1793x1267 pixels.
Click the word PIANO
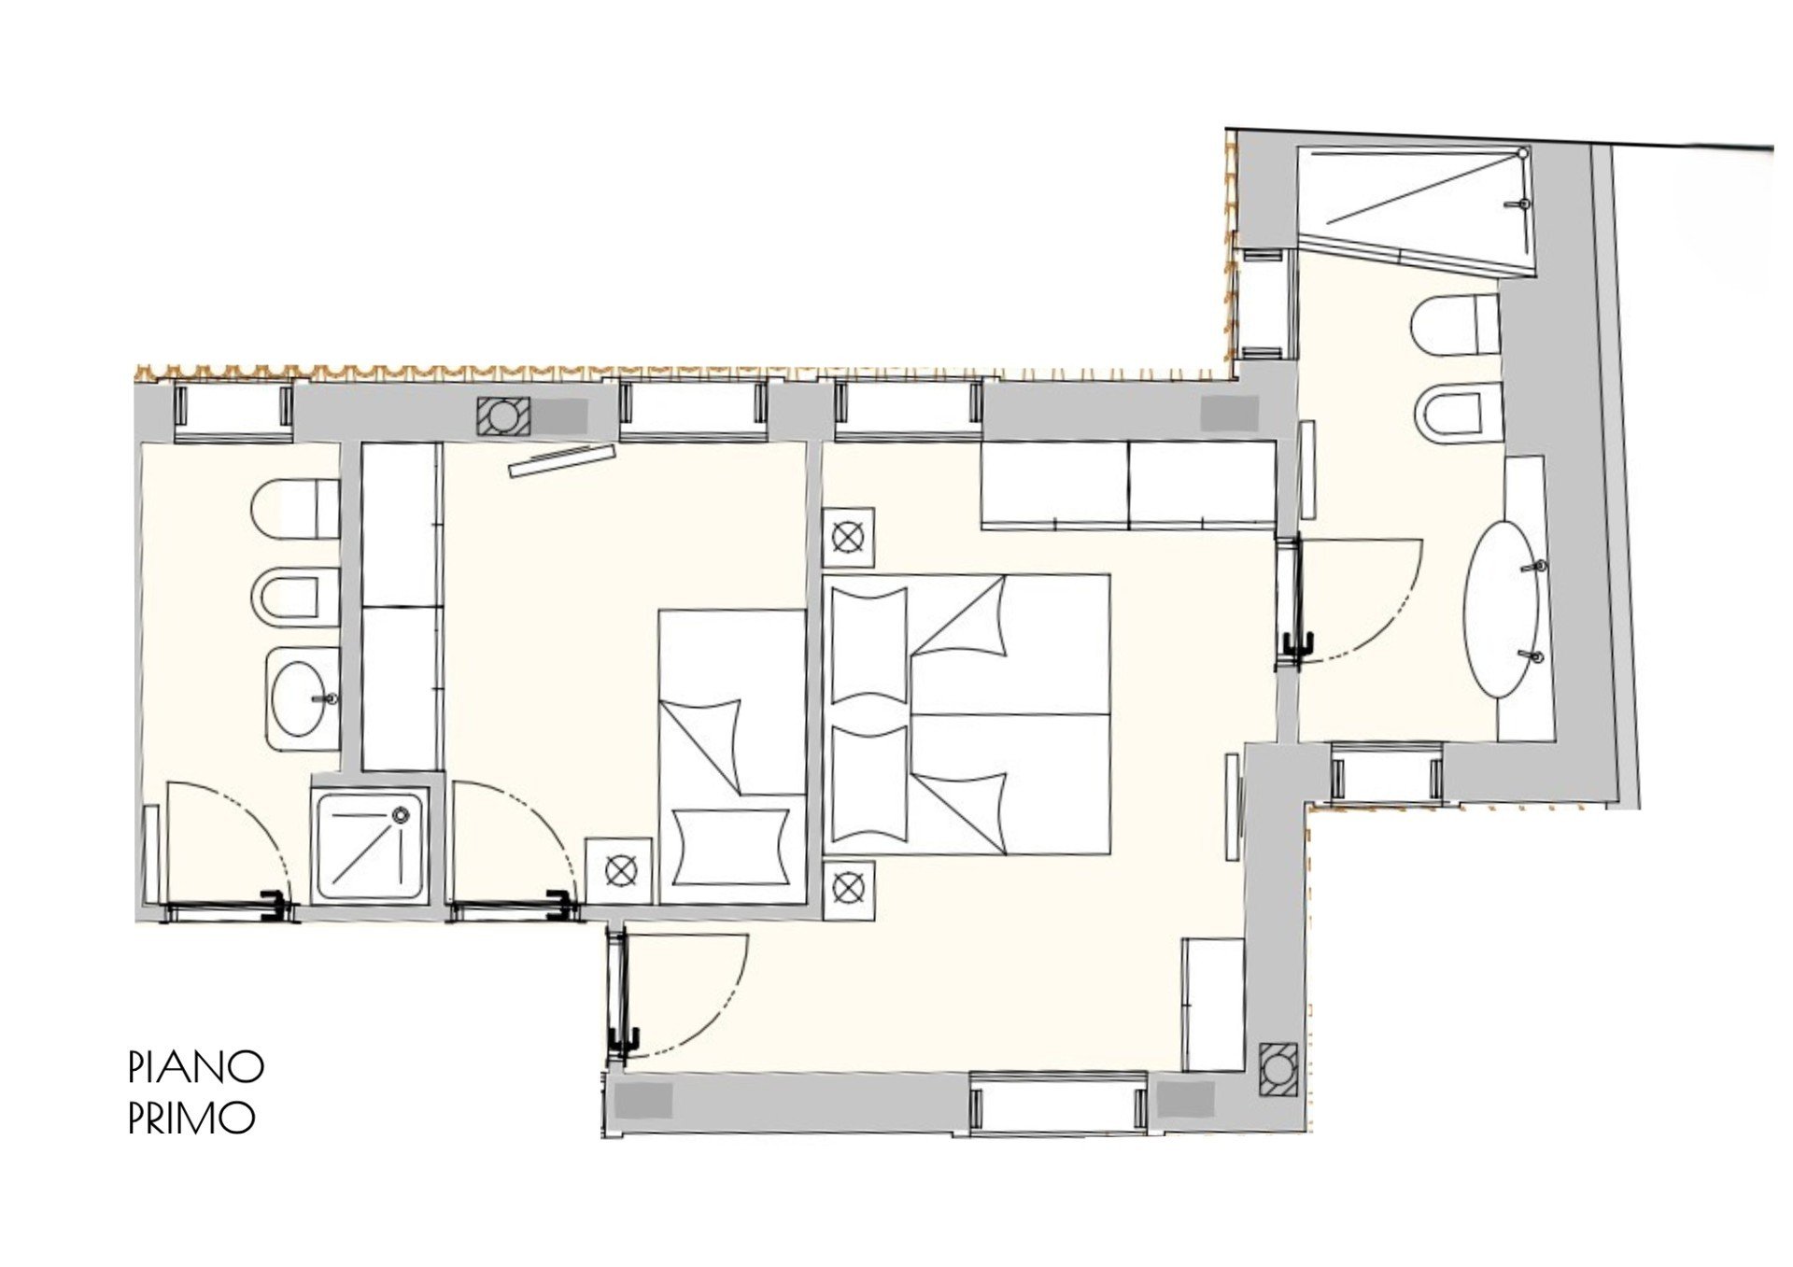(196, 1066)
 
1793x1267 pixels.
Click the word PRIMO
(191, 1118)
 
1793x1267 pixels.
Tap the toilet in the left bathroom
(295, 510)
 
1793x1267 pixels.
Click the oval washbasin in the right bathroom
(1504, 608)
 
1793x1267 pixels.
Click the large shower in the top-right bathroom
(1417, 209)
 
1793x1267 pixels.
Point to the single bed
(732, 756)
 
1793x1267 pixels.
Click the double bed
(967, 714)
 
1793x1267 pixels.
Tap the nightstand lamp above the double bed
(849, 538)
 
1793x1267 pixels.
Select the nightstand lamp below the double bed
(849, 884)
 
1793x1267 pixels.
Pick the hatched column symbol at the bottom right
(1276, 1069)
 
